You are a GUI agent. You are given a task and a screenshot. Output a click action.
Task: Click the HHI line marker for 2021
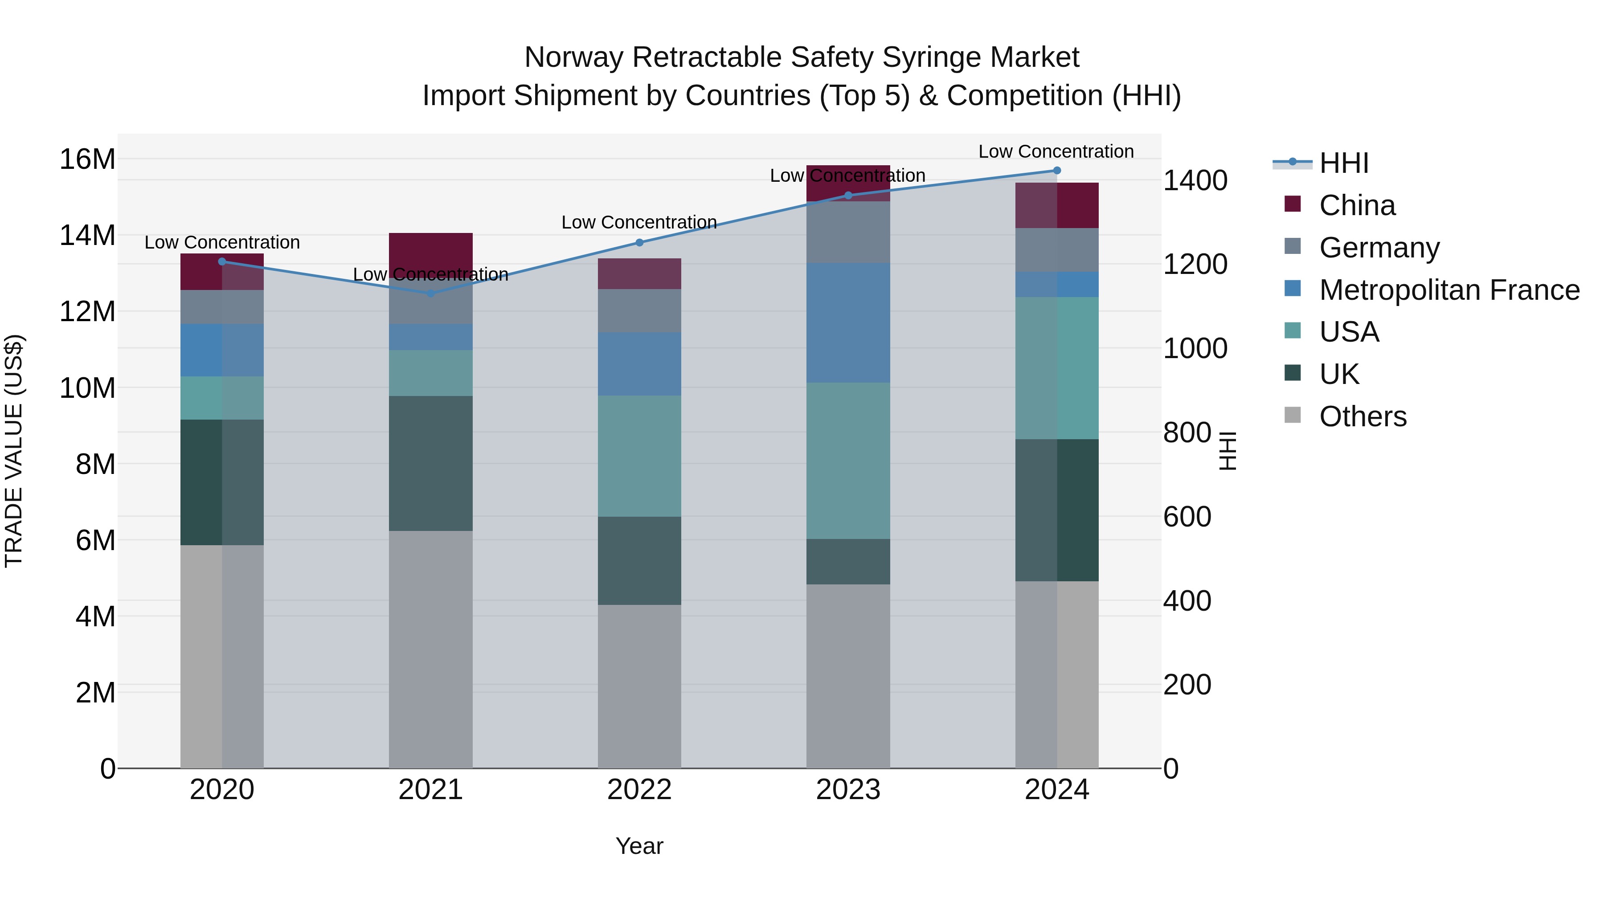430,293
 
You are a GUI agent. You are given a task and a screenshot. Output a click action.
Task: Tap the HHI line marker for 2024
1057,171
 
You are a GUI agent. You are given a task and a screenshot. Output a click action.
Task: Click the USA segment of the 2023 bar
847,461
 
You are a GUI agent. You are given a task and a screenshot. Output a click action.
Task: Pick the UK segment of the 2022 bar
639,560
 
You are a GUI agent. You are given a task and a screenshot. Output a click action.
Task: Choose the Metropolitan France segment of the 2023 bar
847,322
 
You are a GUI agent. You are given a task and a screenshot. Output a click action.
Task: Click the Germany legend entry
1379,248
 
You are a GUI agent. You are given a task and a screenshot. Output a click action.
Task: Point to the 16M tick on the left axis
87,159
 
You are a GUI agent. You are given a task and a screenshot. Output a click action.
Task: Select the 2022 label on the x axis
639,790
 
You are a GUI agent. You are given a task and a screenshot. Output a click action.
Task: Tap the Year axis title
639,846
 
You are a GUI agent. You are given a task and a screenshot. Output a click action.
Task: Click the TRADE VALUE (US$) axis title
14,451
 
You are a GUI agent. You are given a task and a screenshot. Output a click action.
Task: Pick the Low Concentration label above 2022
639,222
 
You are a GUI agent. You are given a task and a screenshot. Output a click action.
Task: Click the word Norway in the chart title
573,57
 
